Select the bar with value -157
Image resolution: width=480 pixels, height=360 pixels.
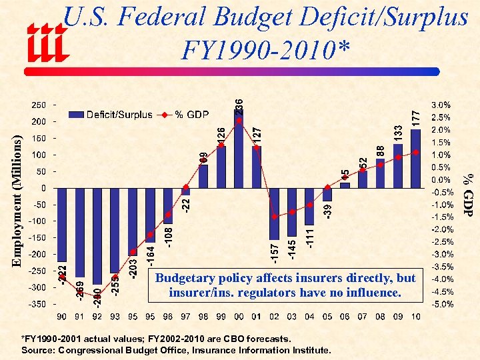274,213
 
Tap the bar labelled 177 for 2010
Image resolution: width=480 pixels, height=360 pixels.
415,159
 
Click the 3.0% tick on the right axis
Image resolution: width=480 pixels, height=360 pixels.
441,105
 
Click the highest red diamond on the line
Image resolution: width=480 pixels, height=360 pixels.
239,121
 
